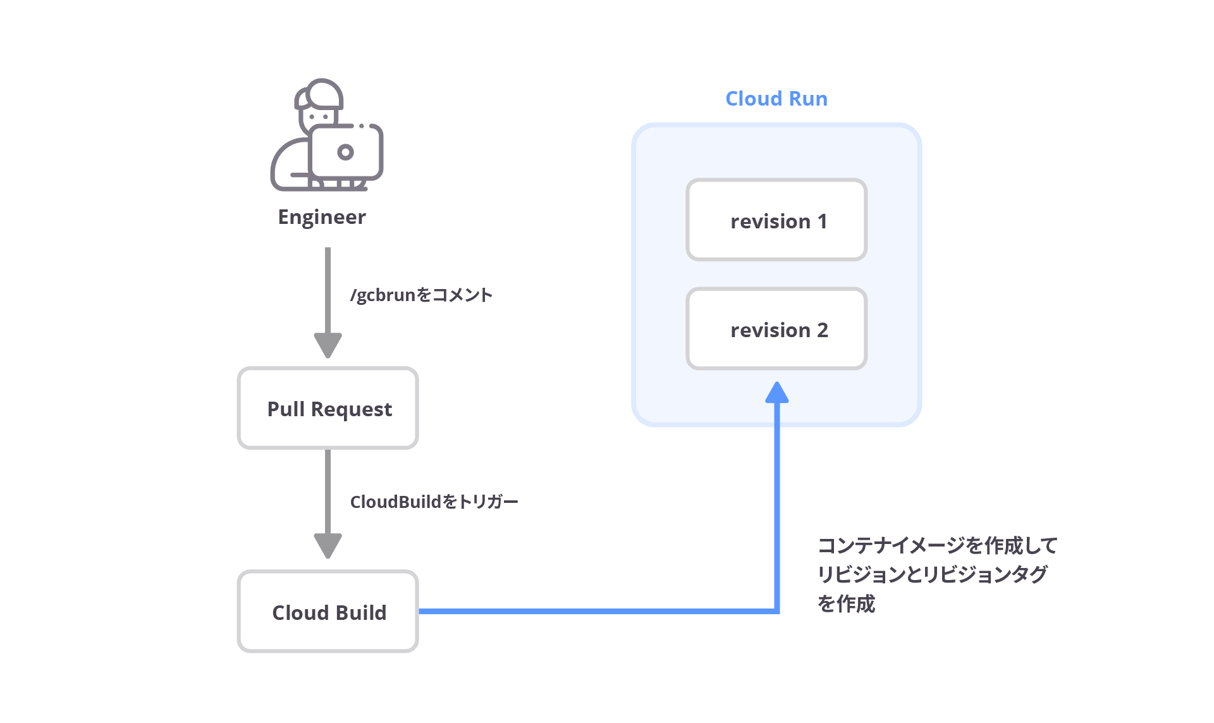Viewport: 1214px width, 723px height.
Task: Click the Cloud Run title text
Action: click(776, 99)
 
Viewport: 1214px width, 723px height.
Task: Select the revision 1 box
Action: click(776, 220)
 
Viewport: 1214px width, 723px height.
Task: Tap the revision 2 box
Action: click(776, 329)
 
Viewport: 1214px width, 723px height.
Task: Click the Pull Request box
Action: click(328, 409)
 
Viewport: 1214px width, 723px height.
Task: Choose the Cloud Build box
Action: click(328, 612)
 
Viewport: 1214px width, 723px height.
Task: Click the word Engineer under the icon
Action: click(322, 217)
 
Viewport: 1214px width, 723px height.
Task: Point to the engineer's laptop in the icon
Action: click(346, 152)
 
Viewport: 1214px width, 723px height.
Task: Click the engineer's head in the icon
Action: click(321, 104)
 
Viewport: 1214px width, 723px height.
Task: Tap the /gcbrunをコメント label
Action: click(421, 295)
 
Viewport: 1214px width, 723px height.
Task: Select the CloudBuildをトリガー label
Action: click(434, 502)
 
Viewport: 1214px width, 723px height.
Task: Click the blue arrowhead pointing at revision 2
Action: click(776, 393)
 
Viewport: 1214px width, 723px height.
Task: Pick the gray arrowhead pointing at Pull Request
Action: click(328, 345)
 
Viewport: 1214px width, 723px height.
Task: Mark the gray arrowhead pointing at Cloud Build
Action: click(328, 545)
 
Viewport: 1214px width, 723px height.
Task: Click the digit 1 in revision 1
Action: click(822, 221)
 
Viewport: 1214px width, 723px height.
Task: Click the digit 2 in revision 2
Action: click(822, 330)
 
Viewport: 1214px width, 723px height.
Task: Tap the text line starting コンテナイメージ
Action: click(937, 545)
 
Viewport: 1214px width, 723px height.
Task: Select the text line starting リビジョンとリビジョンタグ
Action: click(932, 574)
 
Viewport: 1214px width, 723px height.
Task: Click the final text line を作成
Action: click(846, 603)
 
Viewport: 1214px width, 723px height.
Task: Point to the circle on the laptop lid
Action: click(345, 152)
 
